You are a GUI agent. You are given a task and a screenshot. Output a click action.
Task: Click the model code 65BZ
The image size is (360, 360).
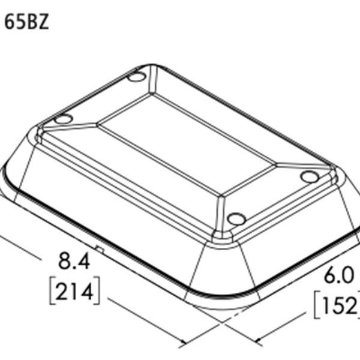pos(27,22)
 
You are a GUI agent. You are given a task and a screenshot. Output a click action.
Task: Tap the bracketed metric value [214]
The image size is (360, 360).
pos(73,292)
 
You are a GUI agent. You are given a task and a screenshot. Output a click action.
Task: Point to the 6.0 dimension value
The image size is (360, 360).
pos(340,276)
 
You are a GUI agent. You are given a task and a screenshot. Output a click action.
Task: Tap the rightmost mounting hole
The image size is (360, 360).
pos(310,176)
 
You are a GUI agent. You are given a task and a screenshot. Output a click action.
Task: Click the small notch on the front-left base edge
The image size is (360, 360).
pos(101,248)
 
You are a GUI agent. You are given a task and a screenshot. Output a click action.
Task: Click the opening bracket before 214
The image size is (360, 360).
pos(50,292)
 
